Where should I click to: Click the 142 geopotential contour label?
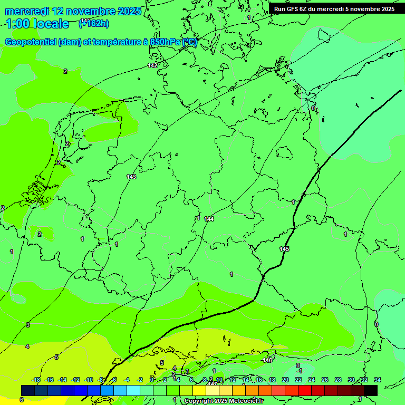tap(152, 65)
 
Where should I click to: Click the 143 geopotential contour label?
tap(131, 177)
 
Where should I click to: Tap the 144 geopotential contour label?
tap(209, 218)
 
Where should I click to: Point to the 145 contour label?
tap(284, 249)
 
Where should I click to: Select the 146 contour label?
tap(267, 360)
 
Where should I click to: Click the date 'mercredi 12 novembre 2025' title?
tap(73, 11)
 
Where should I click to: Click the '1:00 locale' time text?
tap(37, 24)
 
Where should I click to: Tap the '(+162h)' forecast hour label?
tap(94, 23)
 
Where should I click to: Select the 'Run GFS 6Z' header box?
tap(334, 9)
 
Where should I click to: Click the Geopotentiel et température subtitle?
tap(101, 42)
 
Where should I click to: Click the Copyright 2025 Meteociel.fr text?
tap(224, 401)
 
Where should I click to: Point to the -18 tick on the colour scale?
tap(36, 380)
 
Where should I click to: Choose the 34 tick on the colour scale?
tap(378, 380)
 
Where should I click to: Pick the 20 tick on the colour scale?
tap(285, 380)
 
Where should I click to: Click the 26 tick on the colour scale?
tap(325, 380)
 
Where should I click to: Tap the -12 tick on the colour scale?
tap(75, 380)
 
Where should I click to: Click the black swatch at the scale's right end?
tap(371, 390)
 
